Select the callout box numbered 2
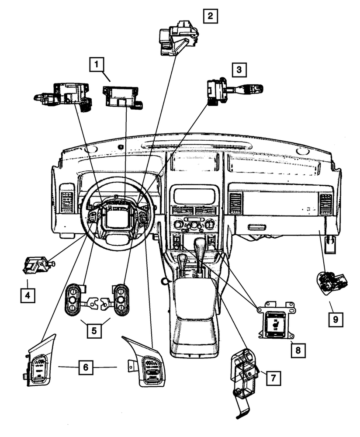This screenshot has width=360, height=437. coord(210,17)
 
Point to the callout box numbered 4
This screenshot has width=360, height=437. coord(28,295)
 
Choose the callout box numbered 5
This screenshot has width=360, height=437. coord(94,330)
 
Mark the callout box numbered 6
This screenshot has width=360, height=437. coord(86,367)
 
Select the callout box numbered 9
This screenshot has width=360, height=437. coord(336,319)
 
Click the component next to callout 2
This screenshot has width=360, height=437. coord(178,38)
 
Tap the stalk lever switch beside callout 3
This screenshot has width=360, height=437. coord(234,90)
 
